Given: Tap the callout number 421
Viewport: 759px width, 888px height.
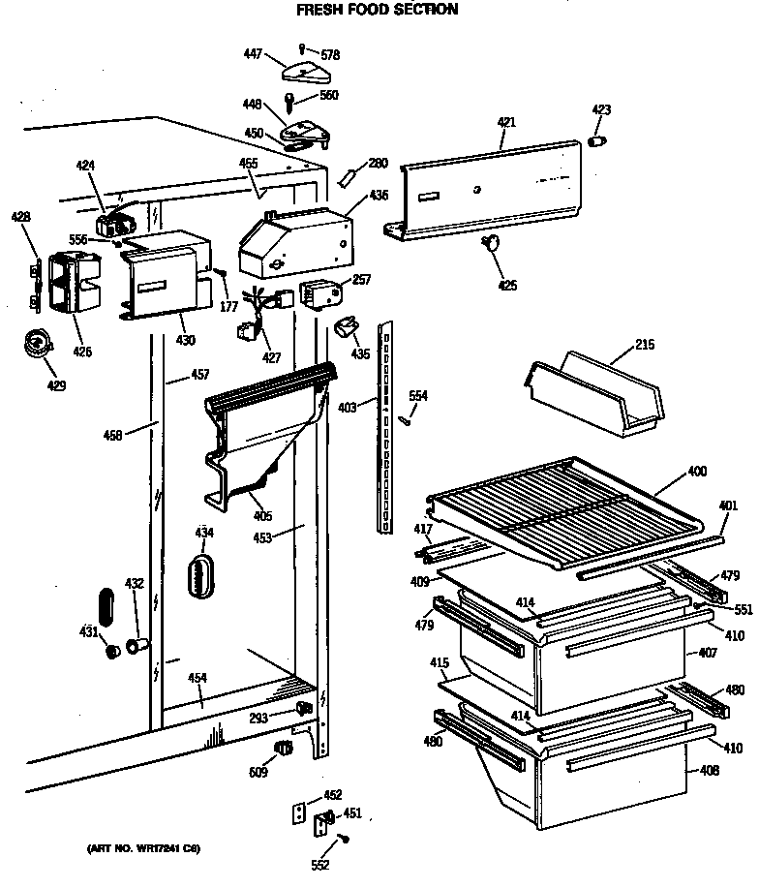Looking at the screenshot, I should [506, 123].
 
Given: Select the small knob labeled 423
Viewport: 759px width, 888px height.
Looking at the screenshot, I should [596, 142].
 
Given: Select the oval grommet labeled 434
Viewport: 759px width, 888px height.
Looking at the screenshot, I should [201, 574].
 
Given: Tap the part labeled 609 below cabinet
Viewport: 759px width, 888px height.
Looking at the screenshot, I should [284, 749].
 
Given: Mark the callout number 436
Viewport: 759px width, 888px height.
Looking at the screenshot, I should [379, 195].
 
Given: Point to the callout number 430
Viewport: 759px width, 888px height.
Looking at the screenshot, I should [185, 340].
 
